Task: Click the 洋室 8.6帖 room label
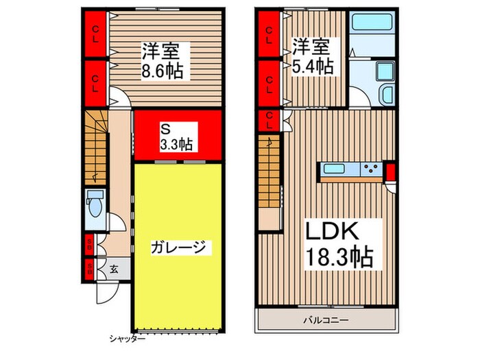coord(163,60)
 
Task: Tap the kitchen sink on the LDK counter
coord(337,169)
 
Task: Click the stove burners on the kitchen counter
coord(371,169)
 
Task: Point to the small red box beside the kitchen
coord(391,171)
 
